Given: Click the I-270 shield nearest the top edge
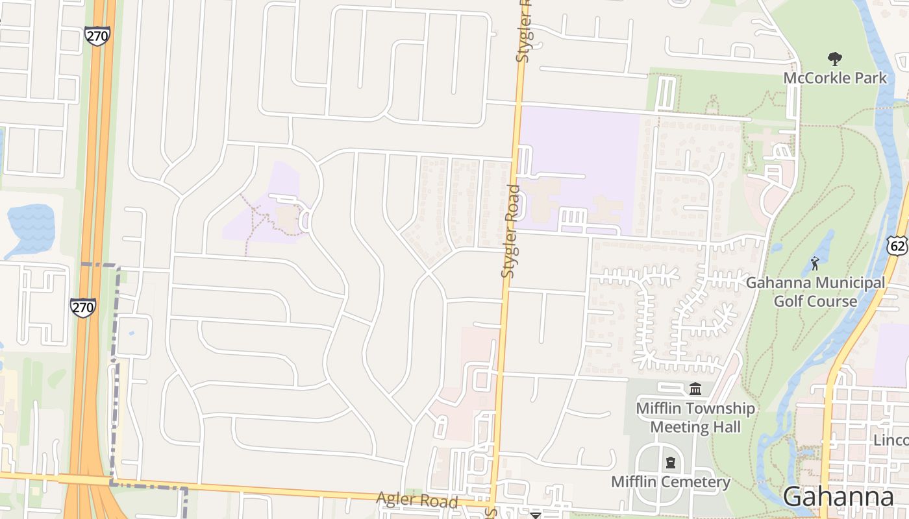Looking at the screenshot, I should click(97, 36).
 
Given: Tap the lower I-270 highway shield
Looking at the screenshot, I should click(83, 307).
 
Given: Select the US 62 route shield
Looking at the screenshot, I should click(897, 245).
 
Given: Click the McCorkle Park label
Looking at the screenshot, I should click(834, 78).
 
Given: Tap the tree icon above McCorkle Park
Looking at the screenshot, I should click(835, 59).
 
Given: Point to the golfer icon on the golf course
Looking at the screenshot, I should click(815, 263).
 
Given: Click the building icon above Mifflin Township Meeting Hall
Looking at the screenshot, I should click(695, 389).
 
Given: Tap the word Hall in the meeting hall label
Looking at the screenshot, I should click(727, 427).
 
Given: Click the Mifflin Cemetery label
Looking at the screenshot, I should click(671, 482).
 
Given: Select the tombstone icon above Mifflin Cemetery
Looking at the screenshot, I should click(670, 463).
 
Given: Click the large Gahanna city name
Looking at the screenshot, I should click(838, 496).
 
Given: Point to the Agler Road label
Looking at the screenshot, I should click(417, 500).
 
